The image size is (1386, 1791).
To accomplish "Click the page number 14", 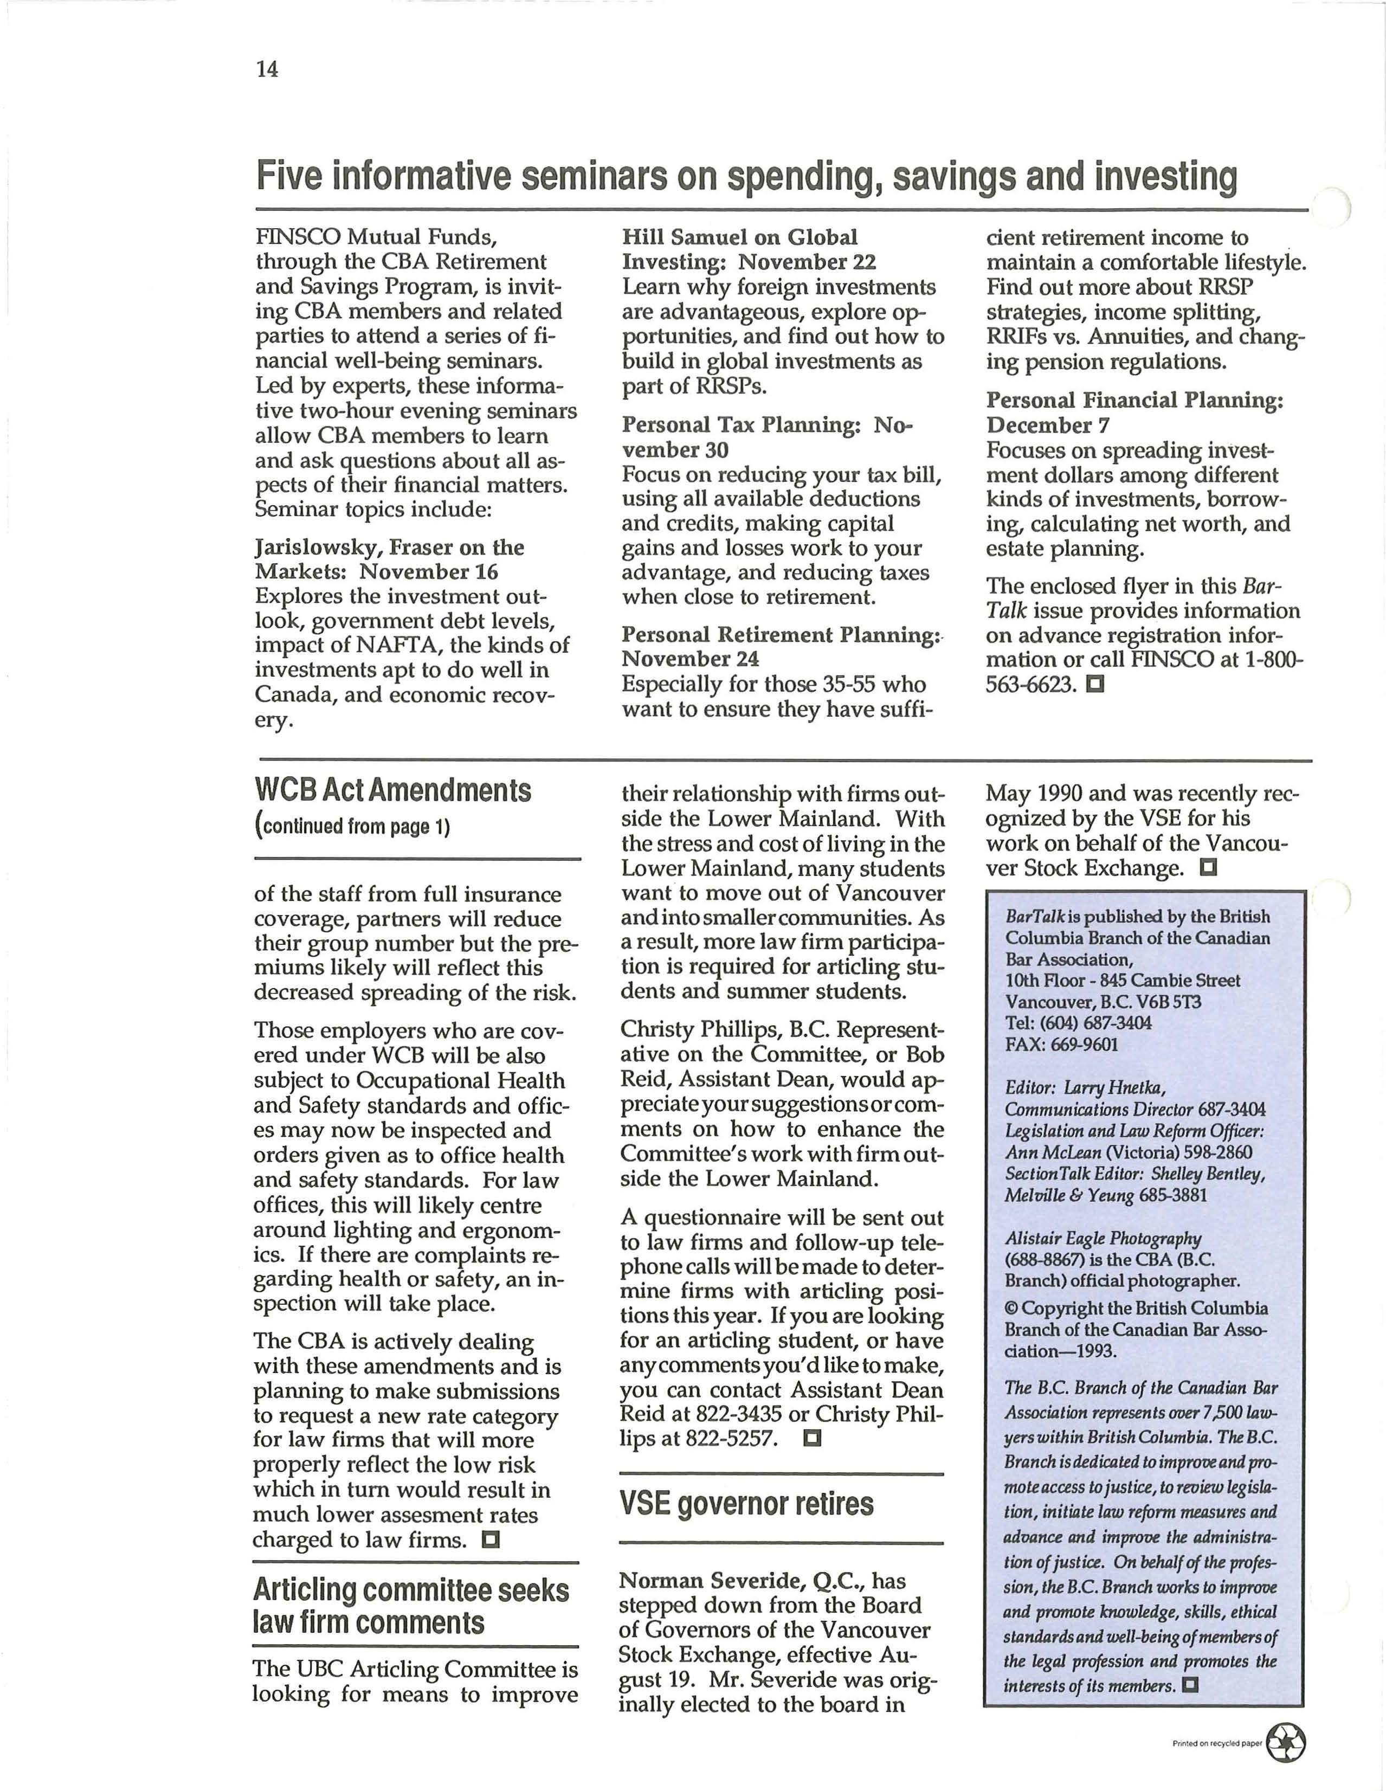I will click(267, 70).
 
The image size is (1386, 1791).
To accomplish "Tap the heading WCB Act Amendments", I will click(393, 790).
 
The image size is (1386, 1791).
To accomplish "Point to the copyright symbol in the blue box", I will click(1011, 1309).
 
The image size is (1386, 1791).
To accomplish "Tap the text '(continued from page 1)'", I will click(353, 826).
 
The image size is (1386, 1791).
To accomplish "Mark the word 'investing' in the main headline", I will click(1165, 177).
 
